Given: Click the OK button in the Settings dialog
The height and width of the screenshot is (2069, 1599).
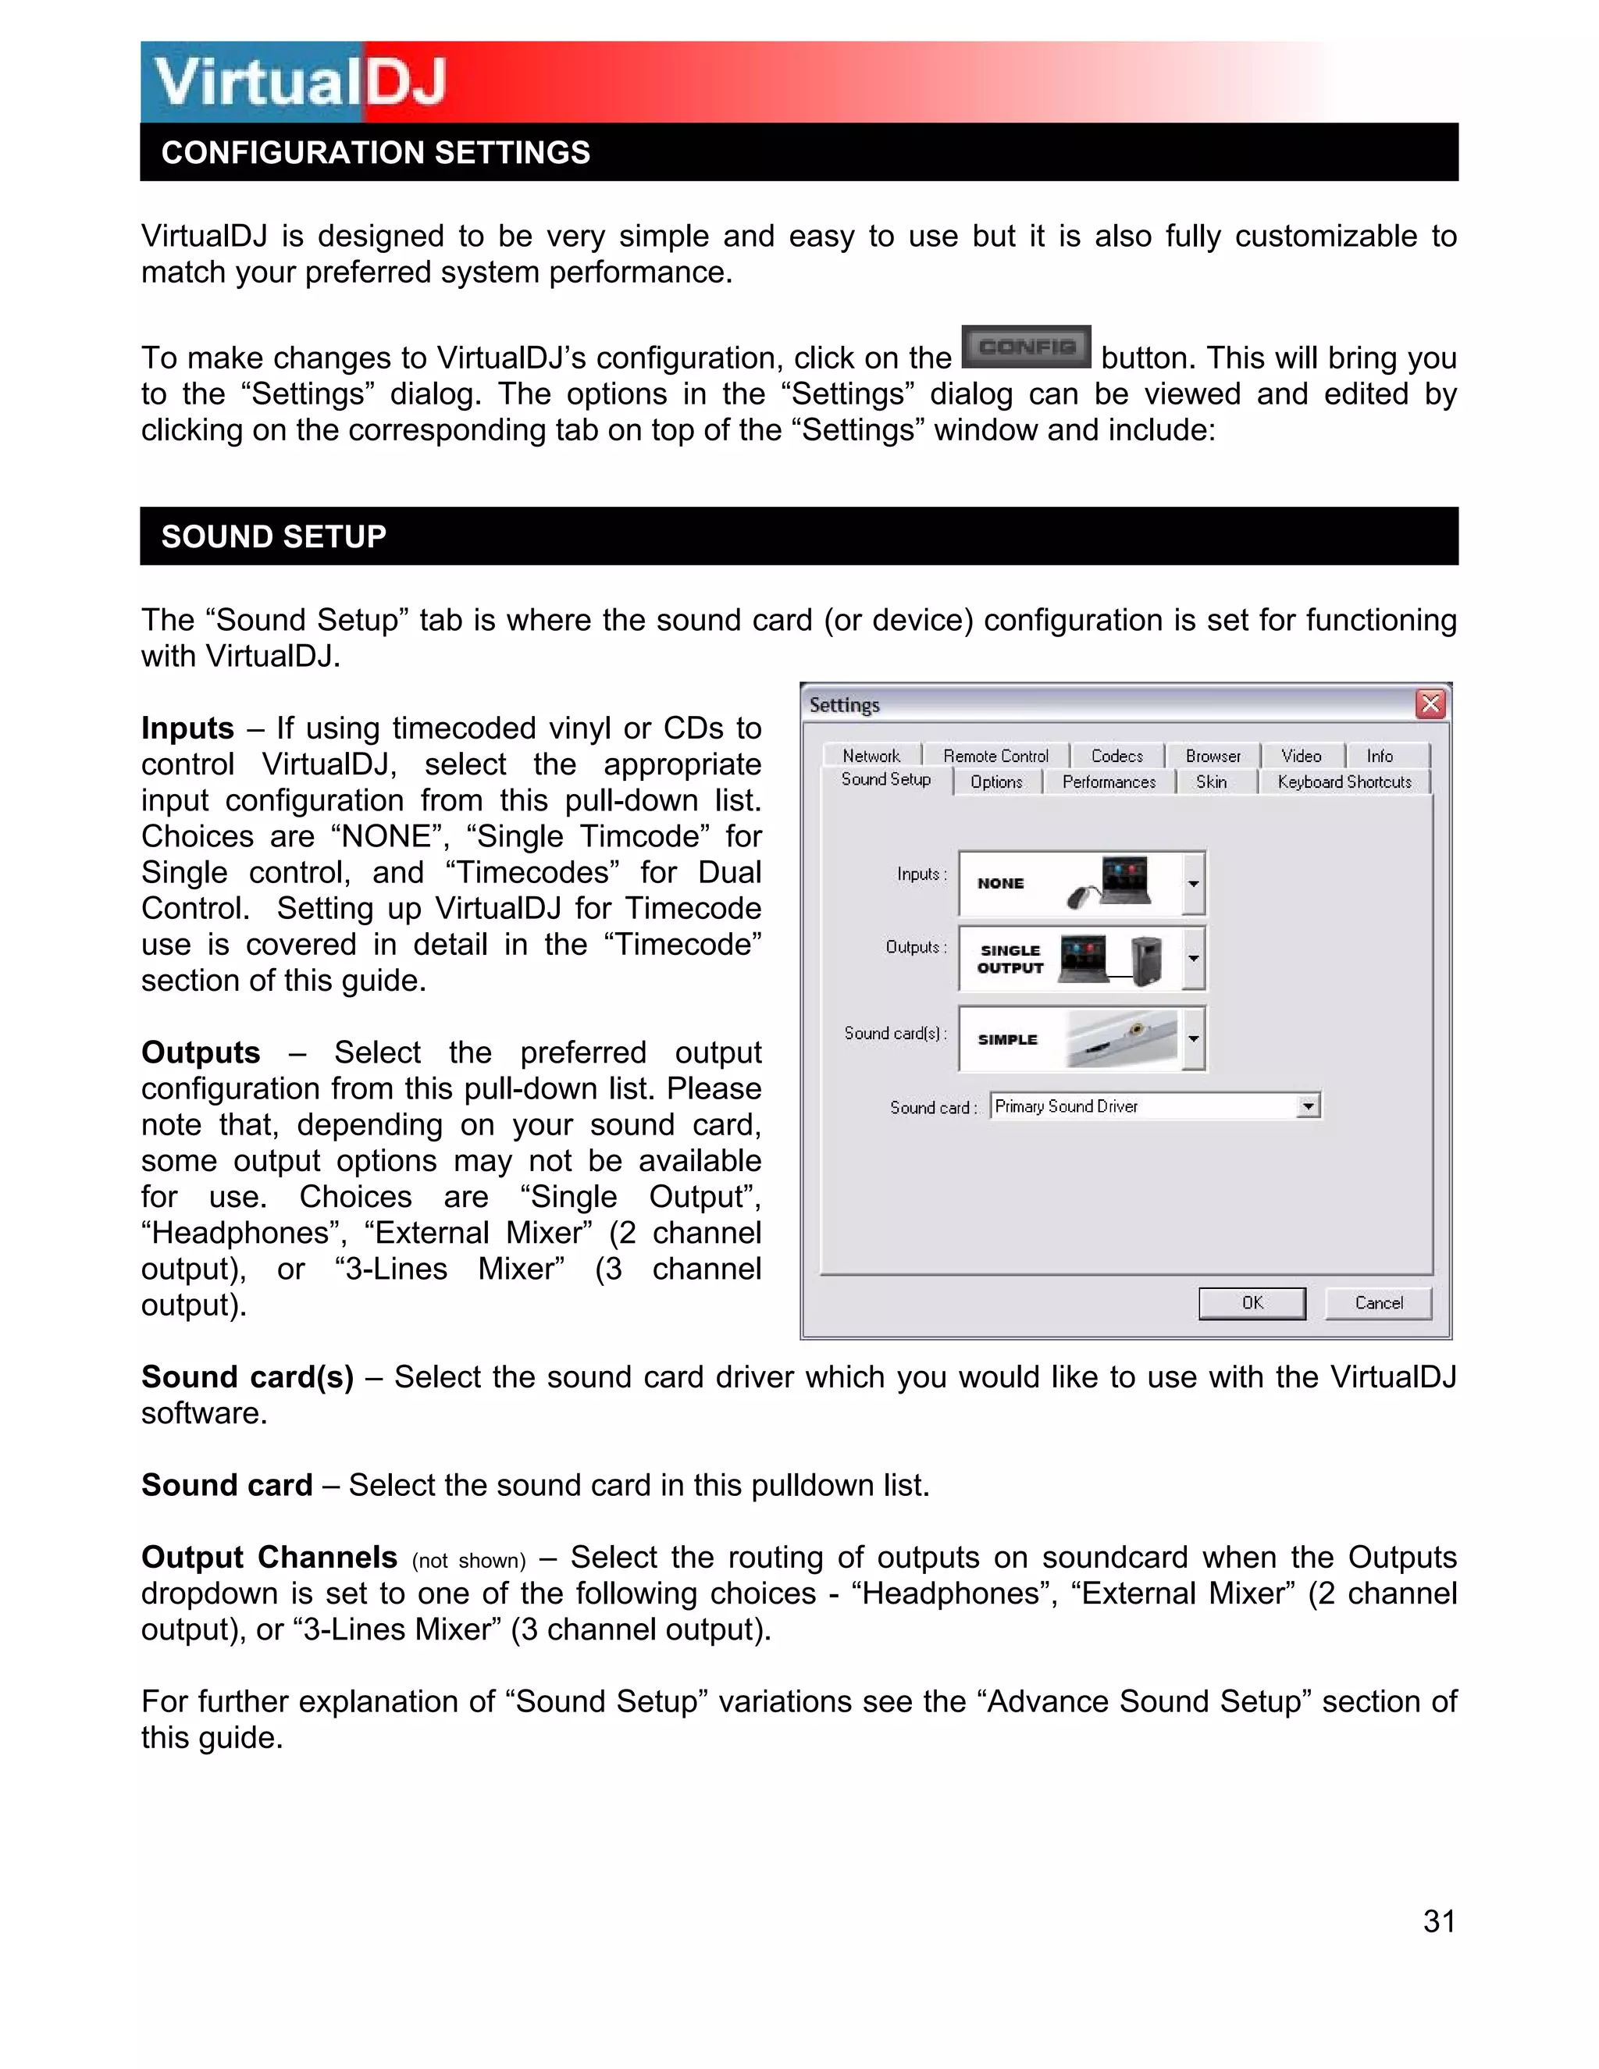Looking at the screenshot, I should click(x=1252, y=1302).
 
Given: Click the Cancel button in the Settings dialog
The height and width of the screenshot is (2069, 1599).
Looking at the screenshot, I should click(x=1378, y=1302).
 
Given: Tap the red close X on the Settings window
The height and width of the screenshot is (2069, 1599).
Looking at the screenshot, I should click(x=1430, y=704).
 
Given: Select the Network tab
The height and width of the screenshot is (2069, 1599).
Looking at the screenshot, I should click(x=871, y=756).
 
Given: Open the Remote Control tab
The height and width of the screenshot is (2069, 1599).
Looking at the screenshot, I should click(x=995, y=756).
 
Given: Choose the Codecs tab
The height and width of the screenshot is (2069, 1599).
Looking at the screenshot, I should click(x=1116, y=756).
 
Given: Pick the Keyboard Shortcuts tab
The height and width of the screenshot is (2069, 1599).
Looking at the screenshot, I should click(x=1343, y=782).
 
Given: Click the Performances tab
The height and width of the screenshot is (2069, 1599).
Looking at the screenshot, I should click(x=1109, y=782).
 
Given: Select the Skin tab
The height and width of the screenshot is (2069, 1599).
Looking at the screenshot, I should click(x=1211, y=782).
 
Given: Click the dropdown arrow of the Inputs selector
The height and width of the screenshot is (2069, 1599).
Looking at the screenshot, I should click(x=1194, y=883).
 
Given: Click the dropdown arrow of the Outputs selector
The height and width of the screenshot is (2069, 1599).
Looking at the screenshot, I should click(x=1194, y=958).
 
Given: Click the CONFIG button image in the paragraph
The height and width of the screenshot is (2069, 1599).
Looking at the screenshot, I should click(x=1026, y=347).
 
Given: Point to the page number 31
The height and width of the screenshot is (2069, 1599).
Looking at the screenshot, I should click(x=1439, y=1921).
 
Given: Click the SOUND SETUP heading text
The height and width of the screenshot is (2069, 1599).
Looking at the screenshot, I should click(x=274, y=536).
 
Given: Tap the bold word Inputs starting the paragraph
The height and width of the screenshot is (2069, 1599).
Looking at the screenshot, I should click(x=187, y=728).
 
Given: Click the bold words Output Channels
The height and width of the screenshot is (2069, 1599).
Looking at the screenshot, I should click(x=269, y=1557).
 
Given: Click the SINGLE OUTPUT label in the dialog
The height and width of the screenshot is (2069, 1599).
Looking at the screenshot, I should click(x=1010, y=959).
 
